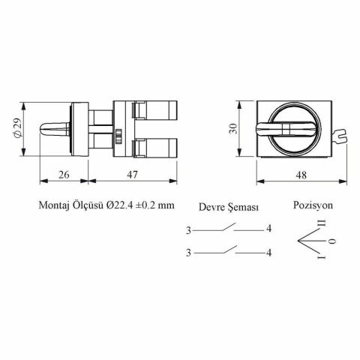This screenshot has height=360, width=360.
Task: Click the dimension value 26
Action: pos(64,175)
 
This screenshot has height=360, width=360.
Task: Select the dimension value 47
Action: pos(132,175)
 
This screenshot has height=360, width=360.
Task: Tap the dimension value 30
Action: pos(234,129)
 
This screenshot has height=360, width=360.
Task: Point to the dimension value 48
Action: pos(301,175)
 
